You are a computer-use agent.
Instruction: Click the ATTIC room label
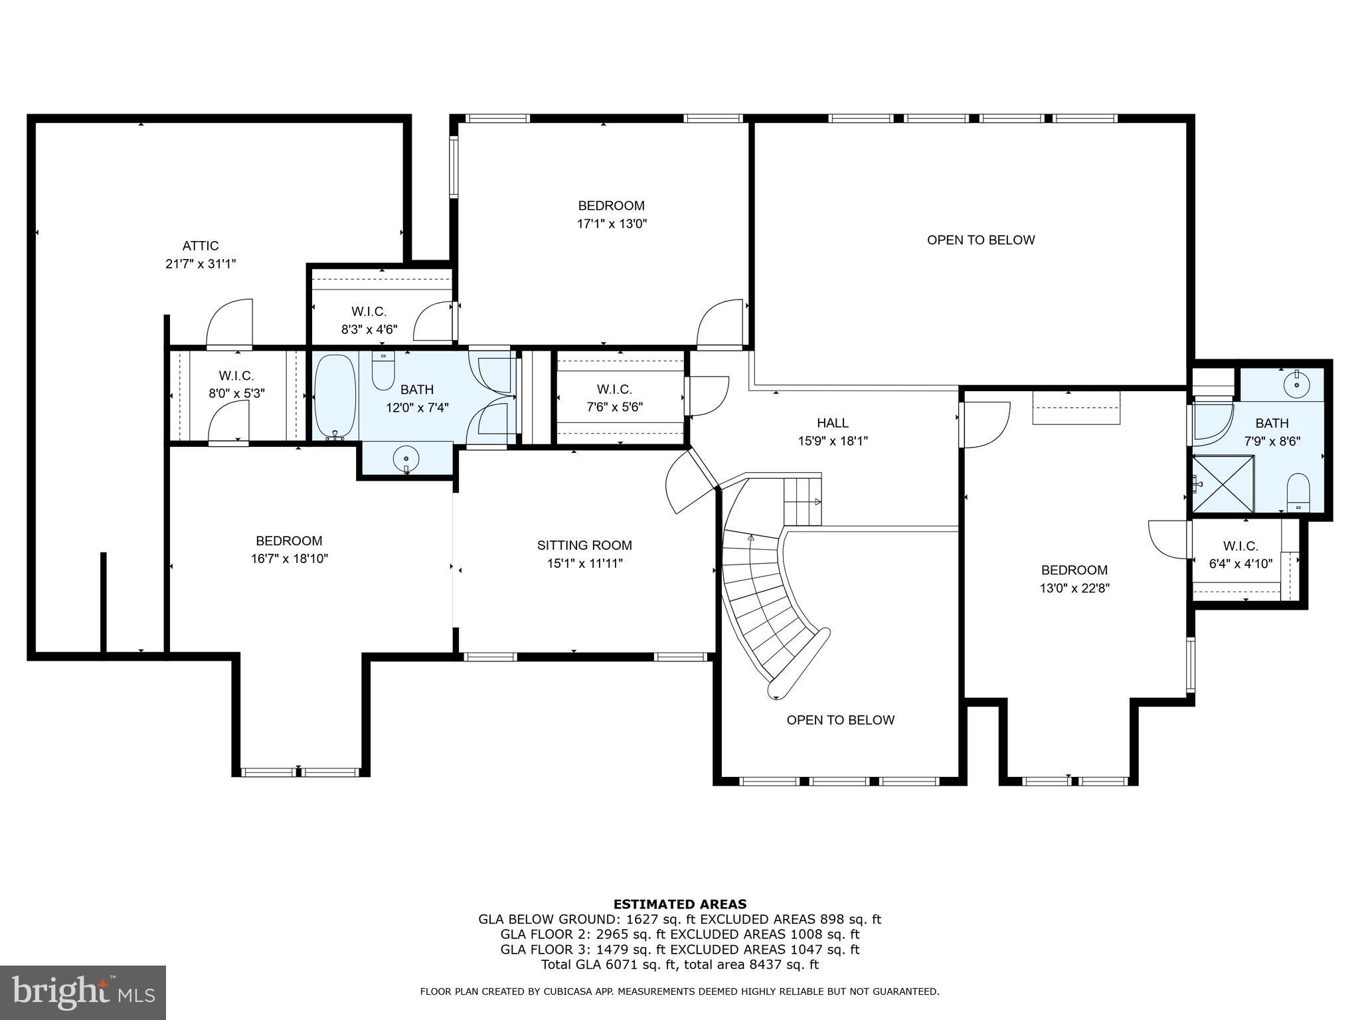pyautogui.click(x=201, y=246)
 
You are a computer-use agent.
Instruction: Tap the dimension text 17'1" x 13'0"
pyautogui.click(x=612, y=224)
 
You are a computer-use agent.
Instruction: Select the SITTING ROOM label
pyautogui.click(x=584, y=545)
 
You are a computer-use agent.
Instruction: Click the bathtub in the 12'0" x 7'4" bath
pyautogui.click(x=335, y=397)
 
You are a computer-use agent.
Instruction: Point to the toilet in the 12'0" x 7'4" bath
pyautogui.click(x=383, y=372)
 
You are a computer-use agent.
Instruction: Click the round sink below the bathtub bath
pyautogui.click(x=406, y=459)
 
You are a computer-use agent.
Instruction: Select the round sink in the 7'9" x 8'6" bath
pyautogui.click(x=1296, y=384)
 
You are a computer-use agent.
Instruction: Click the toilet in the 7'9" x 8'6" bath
pyautogui.click(x=1298, y=493)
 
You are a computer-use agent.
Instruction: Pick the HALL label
pyautogui.click(x=833, y=423)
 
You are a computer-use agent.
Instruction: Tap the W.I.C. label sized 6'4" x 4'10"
pyautogui.click(x=1240, y=546)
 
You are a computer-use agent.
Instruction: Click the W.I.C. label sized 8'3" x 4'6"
pyautogui.click(x=369, y=311)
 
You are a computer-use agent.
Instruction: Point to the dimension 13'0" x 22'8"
pyautogui.click(x=1074, y=588)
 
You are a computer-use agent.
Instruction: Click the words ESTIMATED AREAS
pyautogui.click(x=679, y=904)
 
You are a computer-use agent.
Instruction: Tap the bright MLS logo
pyautogui.click(x=83, y=993)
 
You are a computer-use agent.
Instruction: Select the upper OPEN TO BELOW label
pyautogui.click(x=981, y=240)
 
